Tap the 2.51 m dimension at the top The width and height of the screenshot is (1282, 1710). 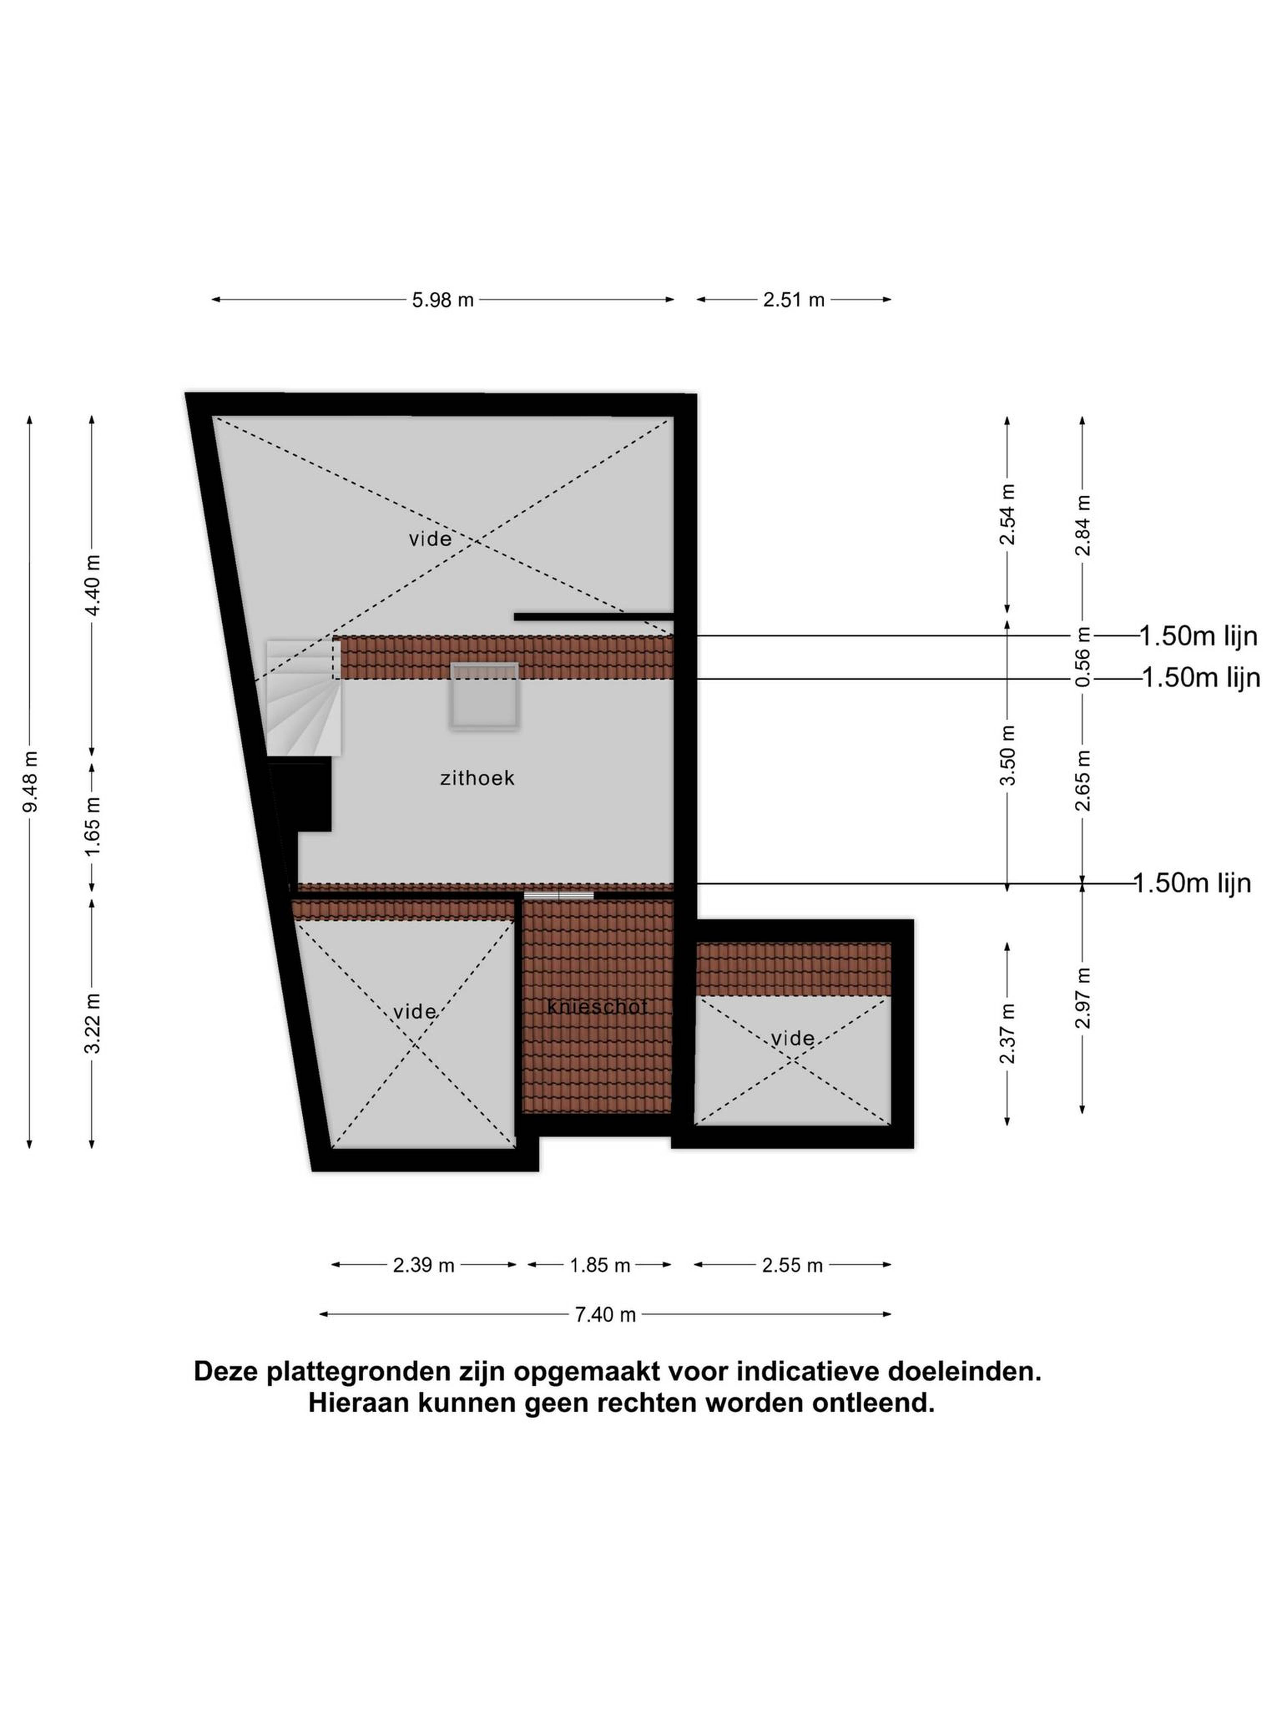pos(794,300)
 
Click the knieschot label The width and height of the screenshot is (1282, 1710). pos(597,1007)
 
